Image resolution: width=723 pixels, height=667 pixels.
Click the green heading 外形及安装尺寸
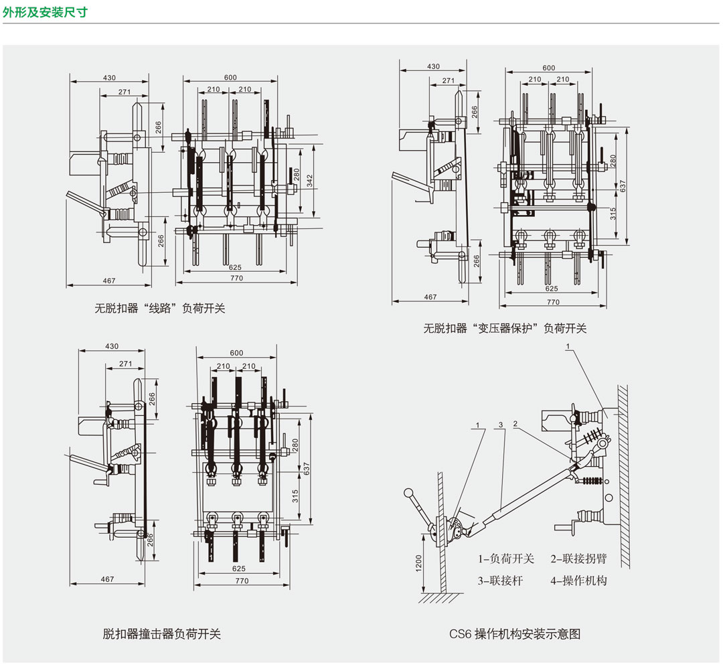(45, 11)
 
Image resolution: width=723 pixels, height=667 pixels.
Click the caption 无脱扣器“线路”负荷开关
(159, 308)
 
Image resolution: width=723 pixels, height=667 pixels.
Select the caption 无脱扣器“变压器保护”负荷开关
(505, 328)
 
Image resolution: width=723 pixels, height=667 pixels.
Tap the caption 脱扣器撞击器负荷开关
(161, 634)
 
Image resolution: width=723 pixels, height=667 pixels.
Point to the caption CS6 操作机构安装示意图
(515, 634)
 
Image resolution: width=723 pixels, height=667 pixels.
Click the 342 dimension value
(309, 180)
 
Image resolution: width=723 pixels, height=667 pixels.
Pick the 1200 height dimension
(418, 563)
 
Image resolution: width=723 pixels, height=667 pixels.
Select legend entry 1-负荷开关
(506, 559)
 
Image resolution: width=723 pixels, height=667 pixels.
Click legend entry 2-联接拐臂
(578, 559)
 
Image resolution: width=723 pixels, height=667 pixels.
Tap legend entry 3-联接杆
(500, 581)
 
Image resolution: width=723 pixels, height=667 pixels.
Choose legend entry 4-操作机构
(578, 581)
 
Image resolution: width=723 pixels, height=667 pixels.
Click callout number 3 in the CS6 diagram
(501, 425)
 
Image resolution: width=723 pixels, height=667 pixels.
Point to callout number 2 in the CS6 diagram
(515, 423)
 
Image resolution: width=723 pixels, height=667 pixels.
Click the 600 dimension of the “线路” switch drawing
(230, 78)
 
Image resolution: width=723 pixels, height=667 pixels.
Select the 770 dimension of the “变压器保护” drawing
(553, 302)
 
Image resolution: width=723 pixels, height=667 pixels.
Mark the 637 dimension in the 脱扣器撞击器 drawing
(307, 469)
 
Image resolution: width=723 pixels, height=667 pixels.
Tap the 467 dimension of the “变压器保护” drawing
(430, 297)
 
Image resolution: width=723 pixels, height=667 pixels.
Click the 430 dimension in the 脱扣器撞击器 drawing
(112, 346)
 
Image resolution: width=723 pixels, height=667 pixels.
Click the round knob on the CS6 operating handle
(408, 493)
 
